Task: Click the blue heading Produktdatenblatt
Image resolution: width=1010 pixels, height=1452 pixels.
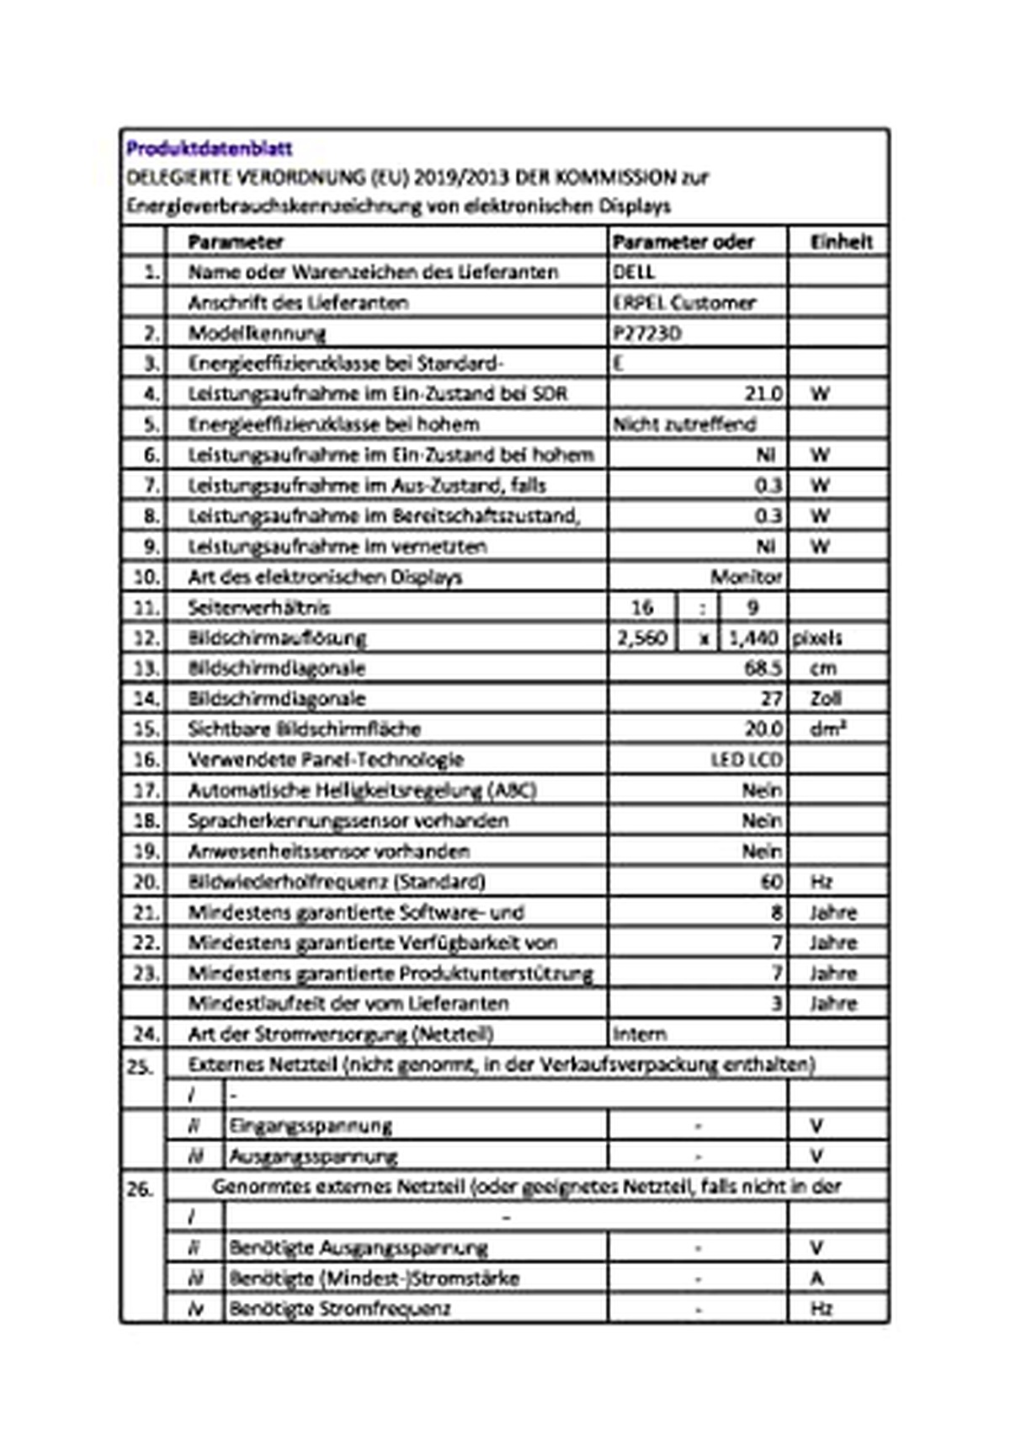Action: [x=209, y=148]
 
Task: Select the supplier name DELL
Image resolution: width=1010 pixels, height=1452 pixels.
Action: [x=634, y=272]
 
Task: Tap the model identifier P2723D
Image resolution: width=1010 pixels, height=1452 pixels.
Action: [x=646, y=333]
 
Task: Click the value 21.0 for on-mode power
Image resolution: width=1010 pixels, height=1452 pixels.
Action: [x=763, y=393]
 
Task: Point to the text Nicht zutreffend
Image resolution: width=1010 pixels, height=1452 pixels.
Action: [x=684, y=424]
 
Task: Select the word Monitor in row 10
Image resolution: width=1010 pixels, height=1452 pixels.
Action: [x=746, y=577]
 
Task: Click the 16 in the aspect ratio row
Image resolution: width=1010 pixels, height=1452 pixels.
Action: [x=642, y=607]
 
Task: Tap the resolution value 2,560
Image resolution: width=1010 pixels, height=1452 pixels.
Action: [x=642, y=638]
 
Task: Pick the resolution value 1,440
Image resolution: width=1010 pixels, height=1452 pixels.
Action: [x=752, y=638]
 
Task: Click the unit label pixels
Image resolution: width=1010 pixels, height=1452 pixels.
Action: [x=816, y=638]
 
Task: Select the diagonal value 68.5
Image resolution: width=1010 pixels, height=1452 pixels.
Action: [x=763, y=668]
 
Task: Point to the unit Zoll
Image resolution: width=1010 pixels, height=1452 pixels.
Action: [x=825, y=698]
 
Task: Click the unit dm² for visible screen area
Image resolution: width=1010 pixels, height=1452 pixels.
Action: [x=827, y=729]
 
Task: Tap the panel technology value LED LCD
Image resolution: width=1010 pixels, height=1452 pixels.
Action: [x=746, y=760]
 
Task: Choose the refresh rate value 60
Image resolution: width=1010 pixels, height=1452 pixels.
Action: [x=770, y=882]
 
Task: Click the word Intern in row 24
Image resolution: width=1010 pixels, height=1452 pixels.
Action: [x=640, y=1033]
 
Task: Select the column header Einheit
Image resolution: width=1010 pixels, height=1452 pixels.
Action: [x=841, y=242]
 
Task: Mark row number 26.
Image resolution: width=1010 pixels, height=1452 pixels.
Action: [x=140, y=1189]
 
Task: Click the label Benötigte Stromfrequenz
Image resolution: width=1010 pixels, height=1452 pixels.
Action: [x=339, y=1309]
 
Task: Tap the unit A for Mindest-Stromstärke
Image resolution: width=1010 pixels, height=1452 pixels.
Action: [x=816, y=1279]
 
